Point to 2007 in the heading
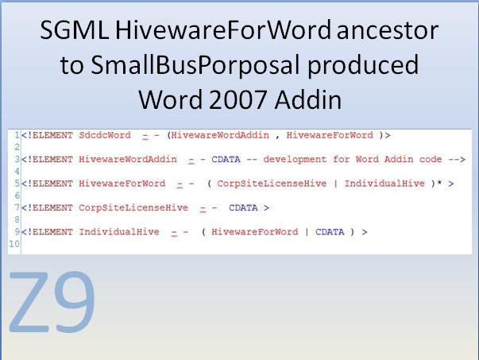(x=234, y=100)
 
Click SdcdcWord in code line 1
(x=105, y=136)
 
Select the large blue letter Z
(x=33, y=304)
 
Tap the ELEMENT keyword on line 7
(x=49, y=207)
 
